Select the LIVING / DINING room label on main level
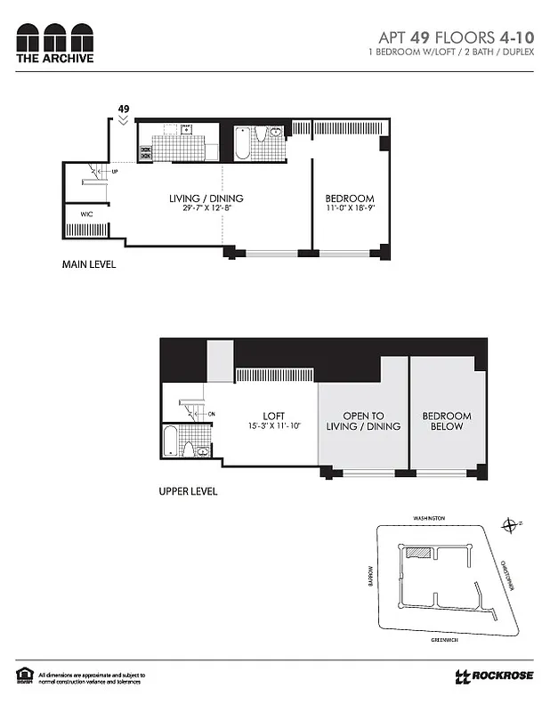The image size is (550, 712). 206,198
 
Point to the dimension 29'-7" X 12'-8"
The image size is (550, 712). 206,209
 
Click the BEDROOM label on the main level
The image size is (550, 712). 349,198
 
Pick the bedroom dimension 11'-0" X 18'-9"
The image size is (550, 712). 349,209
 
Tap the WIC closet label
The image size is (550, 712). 86,214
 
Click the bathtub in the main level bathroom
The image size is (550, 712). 242,143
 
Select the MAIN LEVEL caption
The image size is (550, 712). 88,264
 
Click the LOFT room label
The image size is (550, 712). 273,416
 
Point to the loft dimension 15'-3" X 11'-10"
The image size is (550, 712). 273,426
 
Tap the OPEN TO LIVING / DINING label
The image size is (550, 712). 365,421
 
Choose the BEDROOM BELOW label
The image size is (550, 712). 447,421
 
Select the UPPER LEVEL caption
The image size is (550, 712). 187,490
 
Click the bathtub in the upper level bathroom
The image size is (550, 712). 171,441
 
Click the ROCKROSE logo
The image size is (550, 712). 495,676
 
